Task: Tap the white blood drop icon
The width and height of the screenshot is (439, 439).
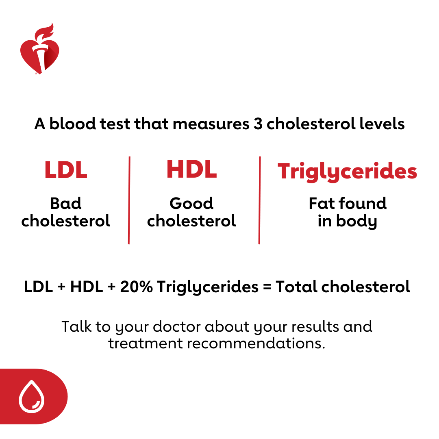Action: pos(32,396)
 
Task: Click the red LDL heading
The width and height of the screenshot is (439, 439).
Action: pos(66,170)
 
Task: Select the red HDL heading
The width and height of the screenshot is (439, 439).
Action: pos(191,169)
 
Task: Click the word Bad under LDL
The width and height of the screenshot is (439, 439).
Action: pos(66,203)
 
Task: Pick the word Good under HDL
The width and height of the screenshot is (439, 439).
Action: pos(191,203)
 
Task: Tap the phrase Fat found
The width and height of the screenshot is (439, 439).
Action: pos(348,203)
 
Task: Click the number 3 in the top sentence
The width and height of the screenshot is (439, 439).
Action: pos(258,124)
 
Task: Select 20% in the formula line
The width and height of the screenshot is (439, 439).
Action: pos(136,287)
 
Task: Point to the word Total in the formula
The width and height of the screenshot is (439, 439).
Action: pos(296,287)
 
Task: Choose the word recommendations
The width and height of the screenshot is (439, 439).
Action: pos(256,343)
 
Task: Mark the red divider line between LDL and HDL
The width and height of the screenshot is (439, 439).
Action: pos(129,200)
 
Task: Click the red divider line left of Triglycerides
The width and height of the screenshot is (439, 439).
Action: pos(259,200)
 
